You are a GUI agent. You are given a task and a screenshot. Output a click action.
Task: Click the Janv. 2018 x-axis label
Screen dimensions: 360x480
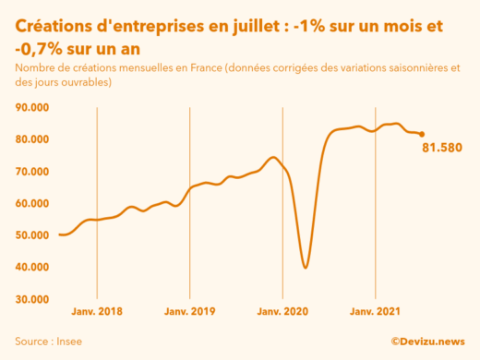pyautogui.click(x=97, y=312)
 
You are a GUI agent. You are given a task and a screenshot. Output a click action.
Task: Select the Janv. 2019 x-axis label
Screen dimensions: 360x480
pyautogui.click(x=189, y=312)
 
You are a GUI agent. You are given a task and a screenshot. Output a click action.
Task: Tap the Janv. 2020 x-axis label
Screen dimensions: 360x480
pyautogui.click(x=282, y=312)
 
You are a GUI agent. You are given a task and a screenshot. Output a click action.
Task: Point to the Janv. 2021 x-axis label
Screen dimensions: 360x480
pyautogui.click(x=375, y=312)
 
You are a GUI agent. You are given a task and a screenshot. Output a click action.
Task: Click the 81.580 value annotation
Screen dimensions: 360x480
pyautogui.click(x=441, y=148)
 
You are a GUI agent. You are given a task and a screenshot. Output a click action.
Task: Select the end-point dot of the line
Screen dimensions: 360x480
pyautogui.click(x=422, y=134)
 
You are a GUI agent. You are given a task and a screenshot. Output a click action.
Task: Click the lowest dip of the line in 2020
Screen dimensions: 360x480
pyautogui.click(x=305, y=268)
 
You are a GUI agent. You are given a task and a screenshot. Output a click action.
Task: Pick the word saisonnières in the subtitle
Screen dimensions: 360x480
pyautogui.click(x=410, y=68)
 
